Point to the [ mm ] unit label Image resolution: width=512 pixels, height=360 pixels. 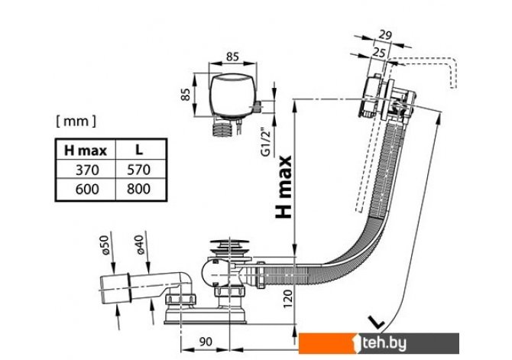76,120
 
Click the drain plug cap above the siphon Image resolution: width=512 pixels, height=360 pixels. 226,245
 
